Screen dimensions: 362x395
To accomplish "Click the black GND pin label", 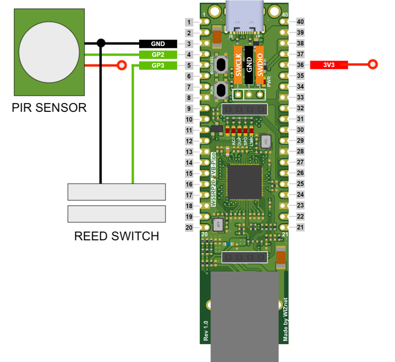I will [x=158, y=43].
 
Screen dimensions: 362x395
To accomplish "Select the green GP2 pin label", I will [x=158, y=54].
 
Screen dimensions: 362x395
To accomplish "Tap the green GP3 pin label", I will [x=158, y=65].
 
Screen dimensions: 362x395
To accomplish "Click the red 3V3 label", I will [x=329, y=64].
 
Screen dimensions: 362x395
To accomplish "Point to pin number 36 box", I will [x=300, y=64].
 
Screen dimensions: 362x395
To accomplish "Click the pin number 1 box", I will [x=189, y=22].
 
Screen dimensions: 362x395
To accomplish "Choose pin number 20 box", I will [x=189, y=227].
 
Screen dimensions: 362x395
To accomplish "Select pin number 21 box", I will [x=300, y=227].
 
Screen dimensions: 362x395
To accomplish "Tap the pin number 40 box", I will [x=300, y=22].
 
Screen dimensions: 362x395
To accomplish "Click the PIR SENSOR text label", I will [x=49, y=107].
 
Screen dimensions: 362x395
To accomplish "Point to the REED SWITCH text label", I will [x=116, y=236].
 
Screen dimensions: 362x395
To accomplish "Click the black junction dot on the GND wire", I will [x=101, y=43].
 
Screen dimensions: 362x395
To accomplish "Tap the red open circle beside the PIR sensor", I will [x=122, y=65].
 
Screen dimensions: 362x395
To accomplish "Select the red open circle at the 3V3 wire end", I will [x=374, y=64].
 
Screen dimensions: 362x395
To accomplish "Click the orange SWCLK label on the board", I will [x=238, y=66].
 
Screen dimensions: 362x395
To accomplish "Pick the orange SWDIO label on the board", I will [x=260, y=66].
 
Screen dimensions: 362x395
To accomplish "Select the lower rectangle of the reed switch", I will [x=116, y=214].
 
